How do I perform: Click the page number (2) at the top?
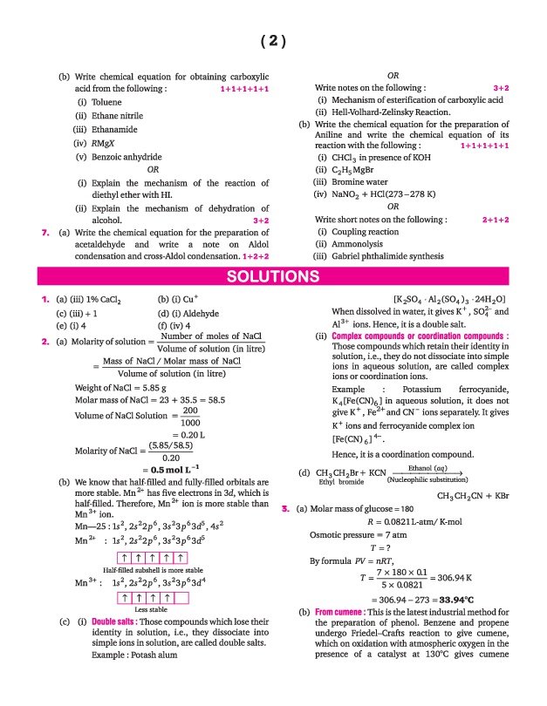tap(273, 41)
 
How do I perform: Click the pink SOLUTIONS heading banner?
tap(272, 277)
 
